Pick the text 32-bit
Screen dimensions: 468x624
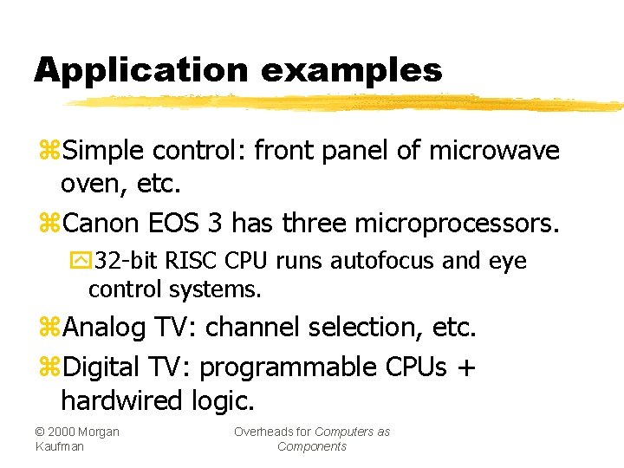tap(128, 262)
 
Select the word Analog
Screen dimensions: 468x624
tap(105, 328)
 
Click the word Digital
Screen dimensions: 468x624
tap(102, 367)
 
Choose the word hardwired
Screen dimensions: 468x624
tap(123, 400)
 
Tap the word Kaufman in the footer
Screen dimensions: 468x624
tap(60, 446)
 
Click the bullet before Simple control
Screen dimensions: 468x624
tap(49, 152)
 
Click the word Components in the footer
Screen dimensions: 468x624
tap(311, 446)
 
